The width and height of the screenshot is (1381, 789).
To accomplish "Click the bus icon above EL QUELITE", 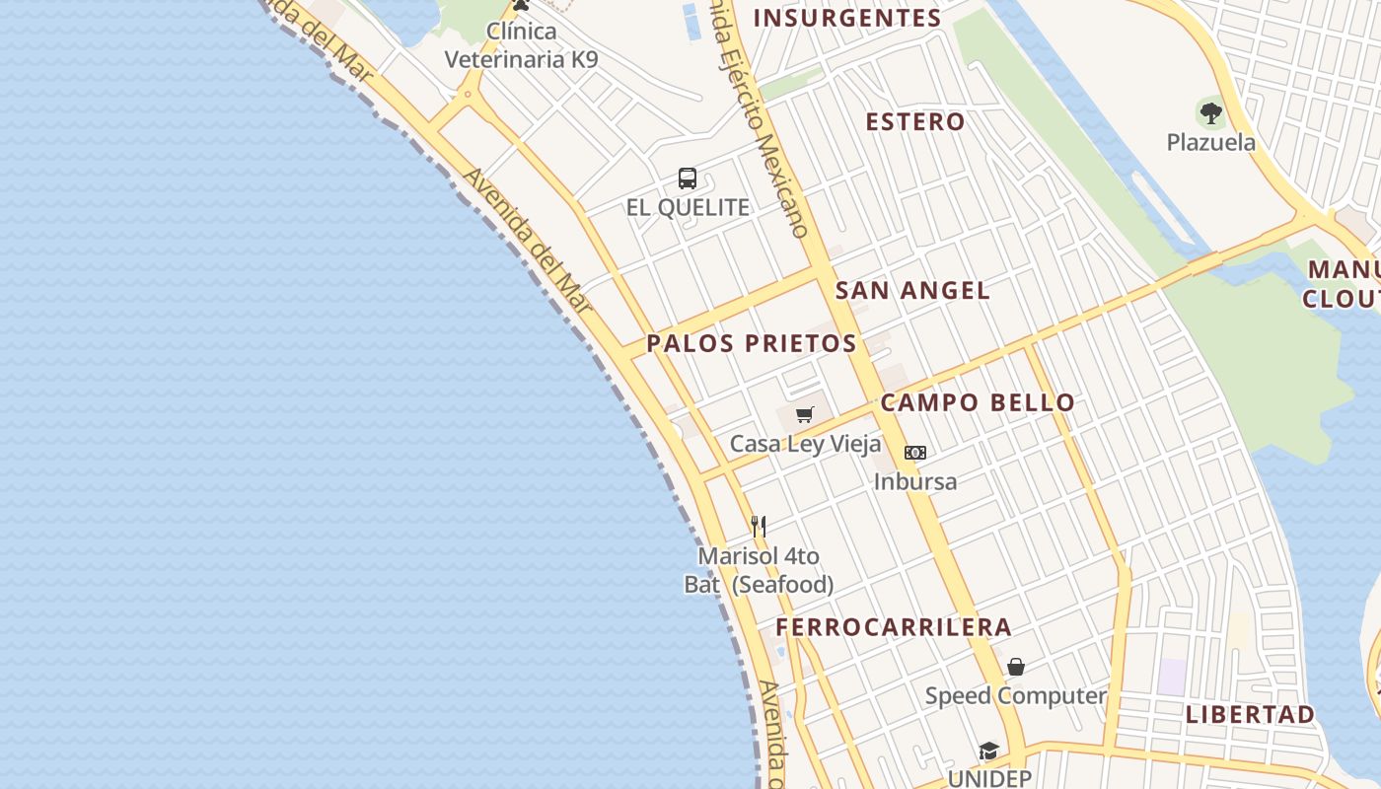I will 688,179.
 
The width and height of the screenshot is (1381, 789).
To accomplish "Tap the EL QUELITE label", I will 688,208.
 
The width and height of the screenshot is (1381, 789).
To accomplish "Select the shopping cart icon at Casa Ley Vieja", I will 805,414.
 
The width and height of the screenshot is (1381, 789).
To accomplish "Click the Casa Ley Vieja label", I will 805,444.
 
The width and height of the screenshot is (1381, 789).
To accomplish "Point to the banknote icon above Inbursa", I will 915,453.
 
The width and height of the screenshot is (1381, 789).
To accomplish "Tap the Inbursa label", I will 915,481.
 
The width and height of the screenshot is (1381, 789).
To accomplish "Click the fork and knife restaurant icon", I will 759,527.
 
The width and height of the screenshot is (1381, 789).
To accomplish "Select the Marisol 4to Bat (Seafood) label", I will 759,570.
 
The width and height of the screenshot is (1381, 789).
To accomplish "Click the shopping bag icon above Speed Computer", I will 1016,667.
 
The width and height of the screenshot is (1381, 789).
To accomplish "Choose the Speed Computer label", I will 1016,695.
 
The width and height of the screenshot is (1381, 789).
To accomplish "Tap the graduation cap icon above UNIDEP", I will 989,752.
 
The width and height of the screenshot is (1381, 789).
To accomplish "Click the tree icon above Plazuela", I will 1211,112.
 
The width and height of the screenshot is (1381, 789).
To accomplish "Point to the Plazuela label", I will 1211,142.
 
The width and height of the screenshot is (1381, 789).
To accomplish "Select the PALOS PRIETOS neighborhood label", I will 752,343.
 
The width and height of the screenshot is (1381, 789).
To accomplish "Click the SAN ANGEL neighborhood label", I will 912,290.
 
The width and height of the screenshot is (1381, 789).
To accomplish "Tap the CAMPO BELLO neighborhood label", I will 978,402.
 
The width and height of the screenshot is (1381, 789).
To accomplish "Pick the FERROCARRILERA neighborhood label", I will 894,627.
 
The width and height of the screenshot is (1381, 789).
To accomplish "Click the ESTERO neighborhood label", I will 915,122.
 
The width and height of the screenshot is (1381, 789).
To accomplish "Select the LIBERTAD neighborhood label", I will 1250,714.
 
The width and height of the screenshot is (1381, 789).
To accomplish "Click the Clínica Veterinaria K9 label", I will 521,45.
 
